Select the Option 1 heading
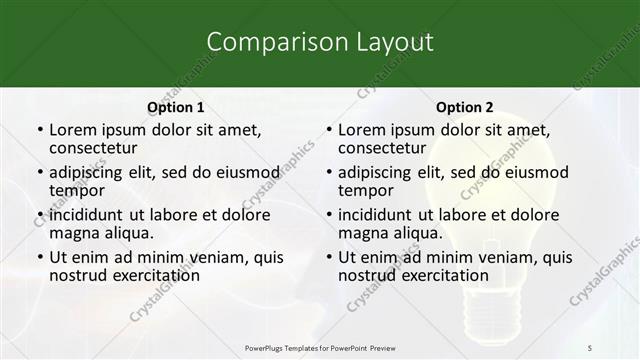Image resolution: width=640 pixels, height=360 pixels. point(176,107)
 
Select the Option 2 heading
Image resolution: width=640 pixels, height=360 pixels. point(465,107)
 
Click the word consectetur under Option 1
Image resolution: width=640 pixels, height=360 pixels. point(96,147)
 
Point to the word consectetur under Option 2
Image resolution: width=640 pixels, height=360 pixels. point(386,147)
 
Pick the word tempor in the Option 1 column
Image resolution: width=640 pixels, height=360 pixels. point(77,190)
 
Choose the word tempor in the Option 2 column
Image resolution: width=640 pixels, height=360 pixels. point(366,190)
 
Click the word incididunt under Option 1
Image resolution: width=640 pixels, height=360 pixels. point(86,215)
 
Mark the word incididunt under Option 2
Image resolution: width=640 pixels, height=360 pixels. point(376,215)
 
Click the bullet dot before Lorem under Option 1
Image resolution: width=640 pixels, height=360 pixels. point(40,131)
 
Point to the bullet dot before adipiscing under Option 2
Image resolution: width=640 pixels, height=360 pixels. point(329,173)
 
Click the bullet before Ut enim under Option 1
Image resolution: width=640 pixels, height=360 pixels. point(40,258)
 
